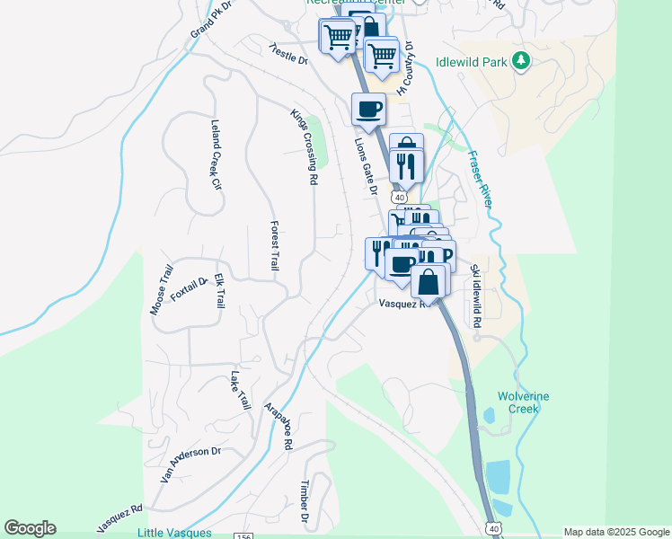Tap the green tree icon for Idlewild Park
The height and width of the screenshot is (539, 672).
tap(520, 61)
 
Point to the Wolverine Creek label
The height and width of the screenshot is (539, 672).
tap(524, 402)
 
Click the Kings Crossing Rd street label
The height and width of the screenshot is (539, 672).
tap(304, 147)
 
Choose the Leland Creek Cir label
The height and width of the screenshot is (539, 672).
tap(215, 155)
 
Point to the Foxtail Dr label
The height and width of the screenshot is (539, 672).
tap(189, 290)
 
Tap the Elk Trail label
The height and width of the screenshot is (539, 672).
tap(218, 292)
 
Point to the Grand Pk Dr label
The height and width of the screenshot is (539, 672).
tap(210, 19)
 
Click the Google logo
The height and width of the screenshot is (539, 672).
tap(30, 528)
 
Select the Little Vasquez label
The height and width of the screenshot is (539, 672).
tap(174, 533)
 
